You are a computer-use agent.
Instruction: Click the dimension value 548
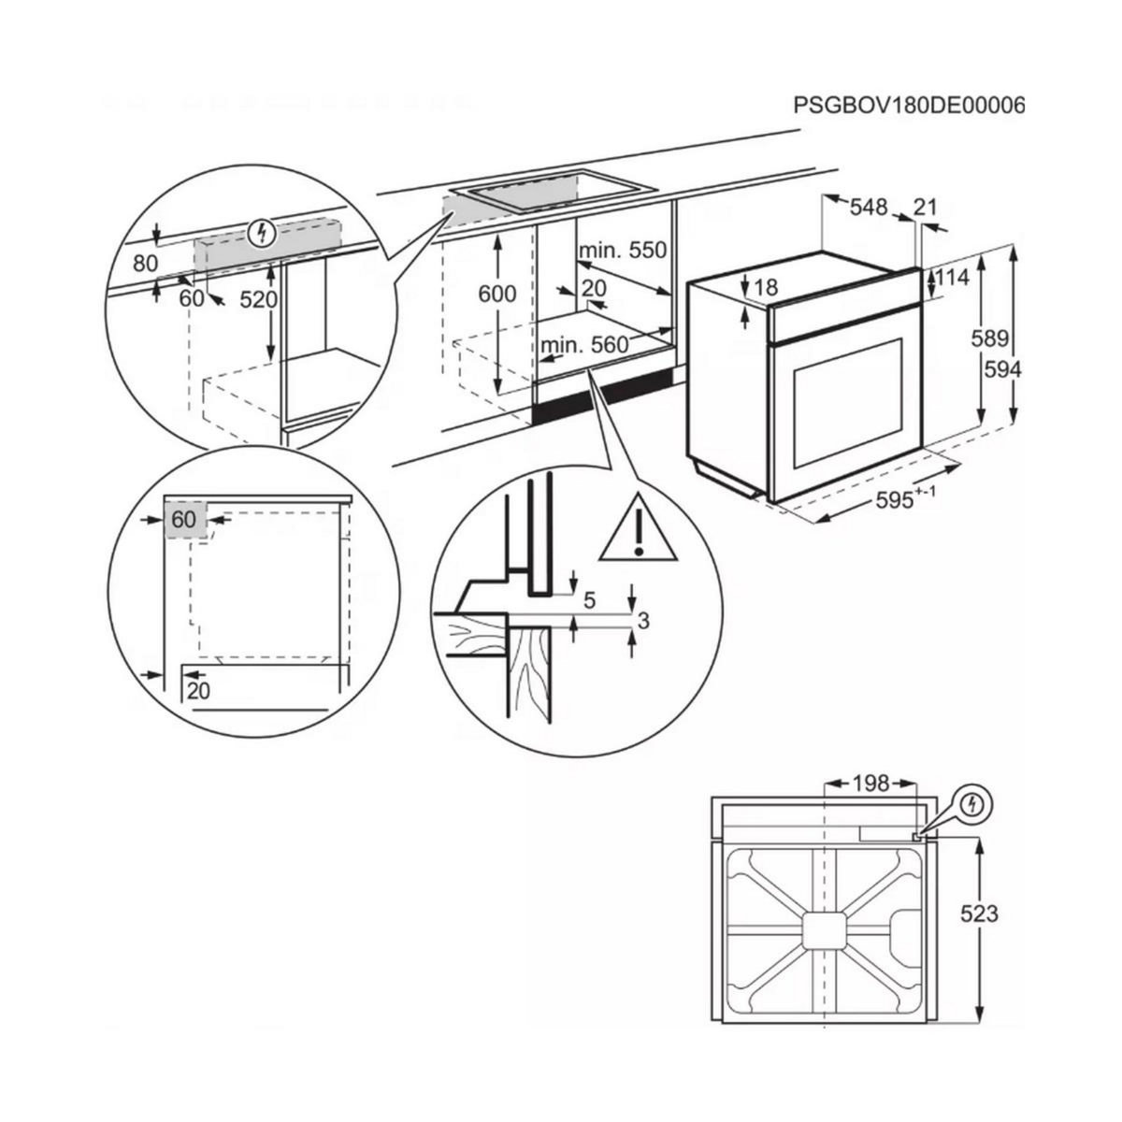click(x=868, y=207)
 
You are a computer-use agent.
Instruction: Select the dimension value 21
click(x=924, y=207)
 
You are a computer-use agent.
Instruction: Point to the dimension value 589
click(x=999, y=338)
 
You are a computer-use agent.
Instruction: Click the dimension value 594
click(x=1003, y=369)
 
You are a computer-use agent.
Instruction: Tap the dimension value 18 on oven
click(x=766, y=288)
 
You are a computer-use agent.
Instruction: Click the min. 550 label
click(x=622, y=251)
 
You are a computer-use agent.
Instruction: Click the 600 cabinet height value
click(x=497, y=294)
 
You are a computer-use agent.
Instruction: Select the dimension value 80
click(x=145, y=264)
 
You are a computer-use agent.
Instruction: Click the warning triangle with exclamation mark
click(x=637, y=531)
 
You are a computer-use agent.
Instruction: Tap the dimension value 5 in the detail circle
click(x=589, y=600)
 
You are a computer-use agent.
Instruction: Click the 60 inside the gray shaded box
click(x=183, y=520)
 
